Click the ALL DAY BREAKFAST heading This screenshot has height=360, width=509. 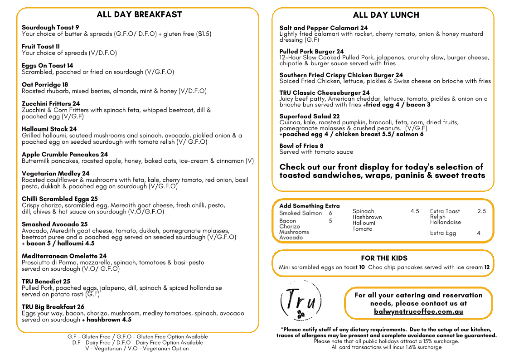point(139,15)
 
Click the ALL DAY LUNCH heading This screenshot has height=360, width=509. point(386,15)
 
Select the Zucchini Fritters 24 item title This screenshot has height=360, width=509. point(51,104)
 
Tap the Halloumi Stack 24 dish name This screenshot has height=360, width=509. point(49,129)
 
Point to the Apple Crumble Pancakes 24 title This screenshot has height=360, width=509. point(65,155)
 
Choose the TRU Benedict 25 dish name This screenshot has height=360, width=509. point(46,282)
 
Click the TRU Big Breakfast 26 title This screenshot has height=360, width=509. point(53,307)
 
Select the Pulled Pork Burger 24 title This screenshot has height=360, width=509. point(311,52)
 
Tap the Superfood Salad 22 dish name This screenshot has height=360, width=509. point(309,117)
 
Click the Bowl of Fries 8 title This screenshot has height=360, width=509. point(301,146)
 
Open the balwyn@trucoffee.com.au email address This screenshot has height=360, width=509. point(418,312)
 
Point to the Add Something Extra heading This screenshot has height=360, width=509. point(309,206)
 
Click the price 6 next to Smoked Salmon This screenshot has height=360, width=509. point(330,213)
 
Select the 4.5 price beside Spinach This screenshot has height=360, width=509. point(415,211)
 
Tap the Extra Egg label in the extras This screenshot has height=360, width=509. point(443,234)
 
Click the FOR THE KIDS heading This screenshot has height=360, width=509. point(384,258)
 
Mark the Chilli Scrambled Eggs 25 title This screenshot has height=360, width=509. point(59,199)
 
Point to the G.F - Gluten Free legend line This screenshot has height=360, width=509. point(137,337)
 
